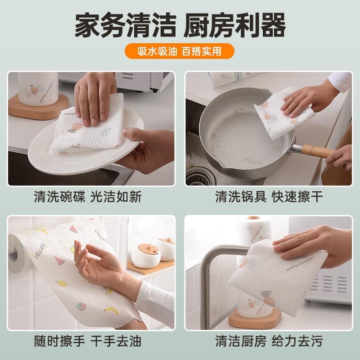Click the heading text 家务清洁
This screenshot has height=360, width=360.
[x=125, y=26]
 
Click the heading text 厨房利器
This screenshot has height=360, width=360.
[x=234, y=26]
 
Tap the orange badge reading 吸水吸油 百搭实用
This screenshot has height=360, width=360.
[x=180, y=51]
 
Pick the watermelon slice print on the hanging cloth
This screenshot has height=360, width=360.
[x=59, y=261]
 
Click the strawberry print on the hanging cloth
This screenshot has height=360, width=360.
[x=81, y=306]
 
